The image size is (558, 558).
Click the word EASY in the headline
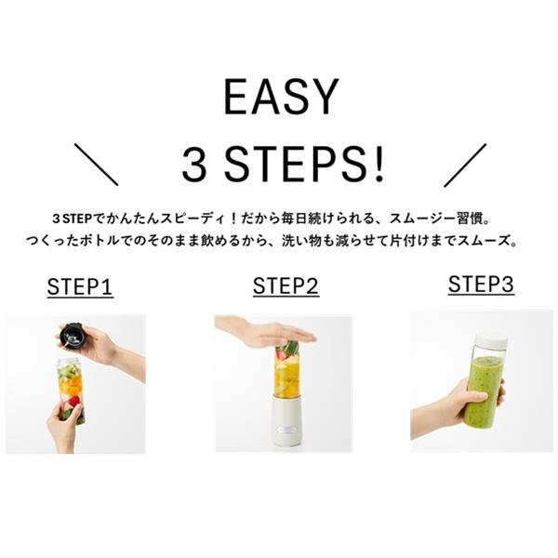[x=281, y=97]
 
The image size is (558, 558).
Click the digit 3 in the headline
[x=194, y=166]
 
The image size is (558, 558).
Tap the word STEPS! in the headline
[x=304, y=166]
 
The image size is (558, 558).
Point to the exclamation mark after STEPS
[x=379, y=166]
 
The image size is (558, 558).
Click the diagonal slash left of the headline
[x=96, y=165]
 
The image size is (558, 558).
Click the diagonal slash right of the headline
[x=465, y=166]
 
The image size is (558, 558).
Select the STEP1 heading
[x=80, y=286]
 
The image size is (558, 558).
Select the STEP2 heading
[x=286, y=286]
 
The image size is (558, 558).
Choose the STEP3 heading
[x=481, y=284]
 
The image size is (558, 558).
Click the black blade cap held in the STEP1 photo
[x=72, y=335]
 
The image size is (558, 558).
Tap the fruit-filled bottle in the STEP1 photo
[x=72, y=391]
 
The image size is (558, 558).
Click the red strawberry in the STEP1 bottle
[x=74, y=402]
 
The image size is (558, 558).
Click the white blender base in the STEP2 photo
[x=287, y=420]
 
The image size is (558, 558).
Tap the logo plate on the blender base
[x=287, y=430]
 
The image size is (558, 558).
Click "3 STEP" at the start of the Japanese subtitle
[x=73, y=219]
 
